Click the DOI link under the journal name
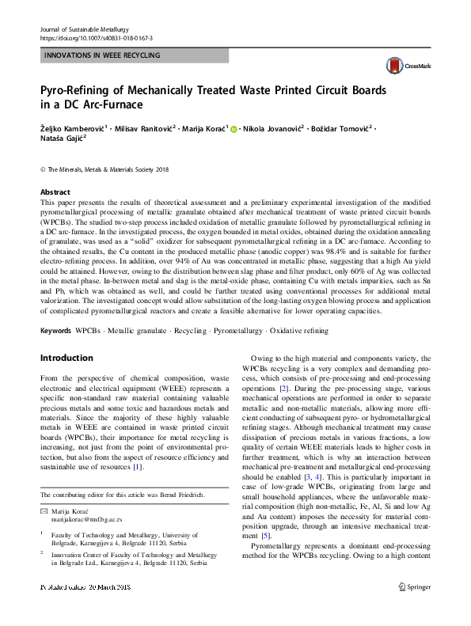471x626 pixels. [x=97, y=38]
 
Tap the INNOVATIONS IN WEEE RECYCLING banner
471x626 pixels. [x=102, y=55]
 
